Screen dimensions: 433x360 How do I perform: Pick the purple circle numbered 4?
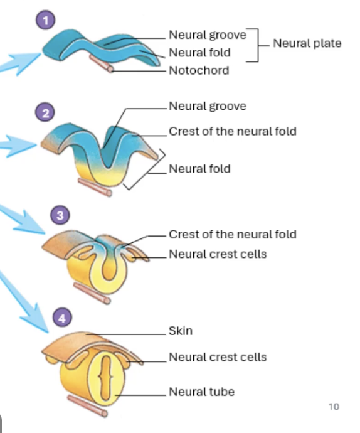[x=61, y=319]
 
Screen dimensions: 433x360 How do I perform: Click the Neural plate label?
[x=307, y=43]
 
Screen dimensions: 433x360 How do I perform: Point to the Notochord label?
[x=199, y=70]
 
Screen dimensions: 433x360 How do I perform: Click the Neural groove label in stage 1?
[x=207, y=35]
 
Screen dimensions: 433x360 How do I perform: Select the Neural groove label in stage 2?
[x=207, y=106]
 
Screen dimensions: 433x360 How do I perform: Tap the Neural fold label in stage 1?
[x=199, y=53]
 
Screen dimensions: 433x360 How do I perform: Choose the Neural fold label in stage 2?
[x=199, y=169]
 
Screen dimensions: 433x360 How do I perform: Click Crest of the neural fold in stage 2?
[x=232, y=131]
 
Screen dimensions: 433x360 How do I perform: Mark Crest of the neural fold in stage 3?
[x=232, y=234]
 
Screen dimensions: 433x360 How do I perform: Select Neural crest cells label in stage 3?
[x=217, y=254]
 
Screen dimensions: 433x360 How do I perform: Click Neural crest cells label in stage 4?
[x=217, y=357]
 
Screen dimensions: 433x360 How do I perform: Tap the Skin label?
[x=180, y=331]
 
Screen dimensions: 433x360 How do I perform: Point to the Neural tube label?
[x=201, y=392]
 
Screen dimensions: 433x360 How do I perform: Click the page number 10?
[x=333, y=407]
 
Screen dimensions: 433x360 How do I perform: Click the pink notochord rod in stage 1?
[x=102, y=63]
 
